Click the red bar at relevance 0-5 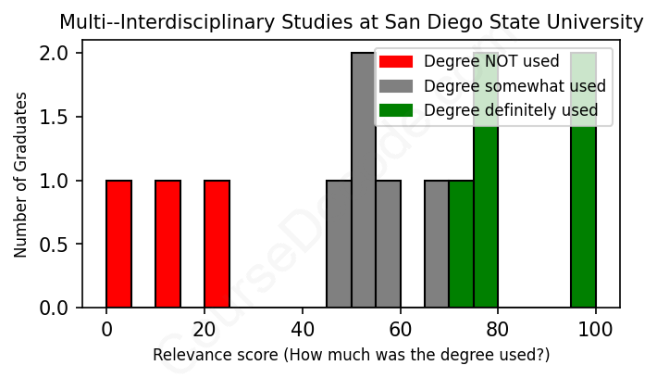pyautogui.click(x=118, y=244)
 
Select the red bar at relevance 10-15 pyautogui.click(x=167, y=244)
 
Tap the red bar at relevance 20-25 pyautogui.click(x=217, y=244)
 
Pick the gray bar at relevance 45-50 pyautogui.click(x=339, y=244)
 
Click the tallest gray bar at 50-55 pyautogui.click(x=363, y=181)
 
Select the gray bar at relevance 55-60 pyautogui.click(x=388, y=244)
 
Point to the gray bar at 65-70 pyautogui.click(x=437, y=244)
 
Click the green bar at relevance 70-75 pyautogui.click(x=461, y=244)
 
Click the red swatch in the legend pyautogui.click(x=396, y=62)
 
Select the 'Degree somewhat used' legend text pyautogui.click(x=514, y=86)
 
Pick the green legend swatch pyautogui.click(x=396, y=111)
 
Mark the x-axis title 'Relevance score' pyautogui.click(x=351, y=355)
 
